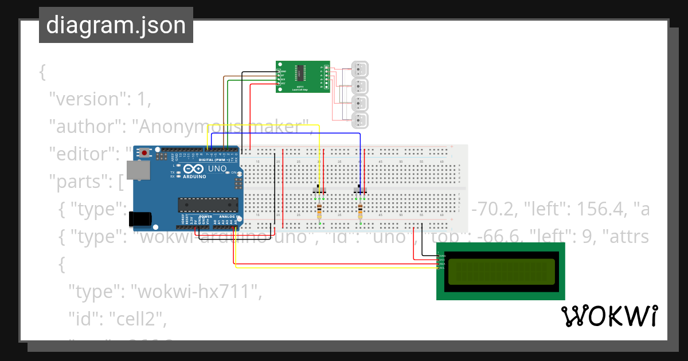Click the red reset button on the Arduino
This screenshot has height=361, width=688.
coord(144,153)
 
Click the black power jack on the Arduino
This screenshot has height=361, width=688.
coord(140,218)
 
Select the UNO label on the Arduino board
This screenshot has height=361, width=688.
coord(217,170)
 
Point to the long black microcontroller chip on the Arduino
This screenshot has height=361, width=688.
coord(208,205)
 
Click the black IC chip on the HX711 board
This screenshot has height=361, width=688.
coord(300,73)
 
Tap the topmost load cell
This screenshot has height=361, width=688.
coord(359,69)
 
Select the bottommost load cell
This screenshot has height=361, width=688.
coord(359,120)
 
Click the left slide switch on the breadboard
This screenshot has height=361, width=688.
coord(319,189)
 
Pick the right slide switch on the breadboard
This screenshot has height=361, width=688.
coord(361,189)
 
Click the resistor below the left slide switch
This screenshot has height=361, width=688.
coord(319,211)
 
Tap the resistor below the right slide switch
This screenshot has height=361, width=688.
coord(360,211)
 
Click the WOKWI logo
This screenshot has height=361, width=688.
coord(609,316)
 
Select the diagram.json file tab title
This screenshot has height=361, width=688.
coord(116,25)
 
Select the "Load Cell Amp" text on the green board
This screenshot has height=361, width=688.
coord(300,89)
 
